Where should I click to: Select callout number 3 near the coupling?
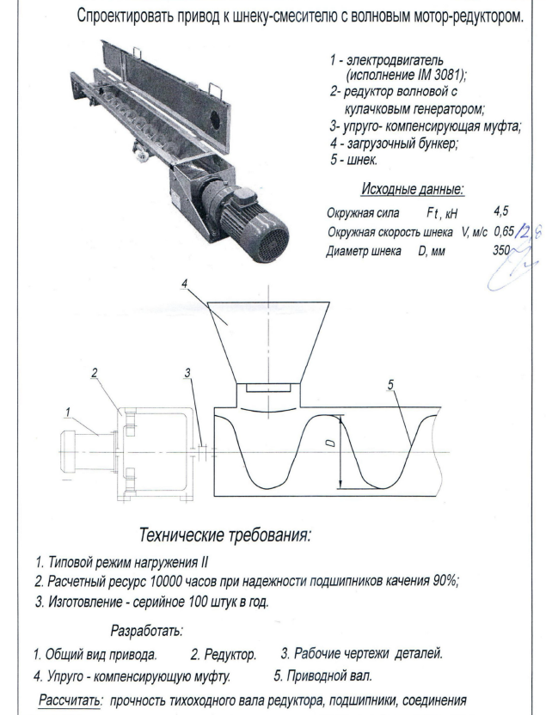pos(188,372)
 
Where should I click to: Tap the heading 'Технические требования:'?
pos(231,535)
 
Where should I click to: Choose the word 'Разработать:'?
pos(149,633)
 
